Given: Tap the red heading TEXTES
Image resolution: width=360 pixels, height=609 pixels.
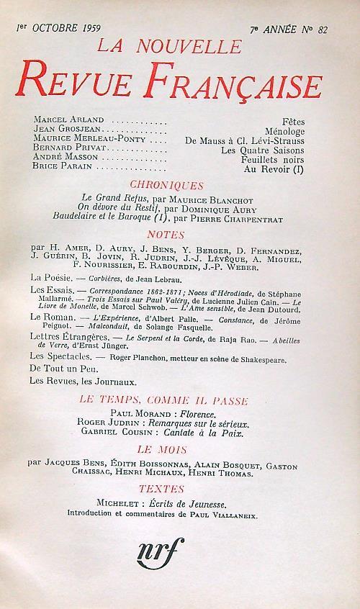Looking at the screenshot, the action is (178, 488).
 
